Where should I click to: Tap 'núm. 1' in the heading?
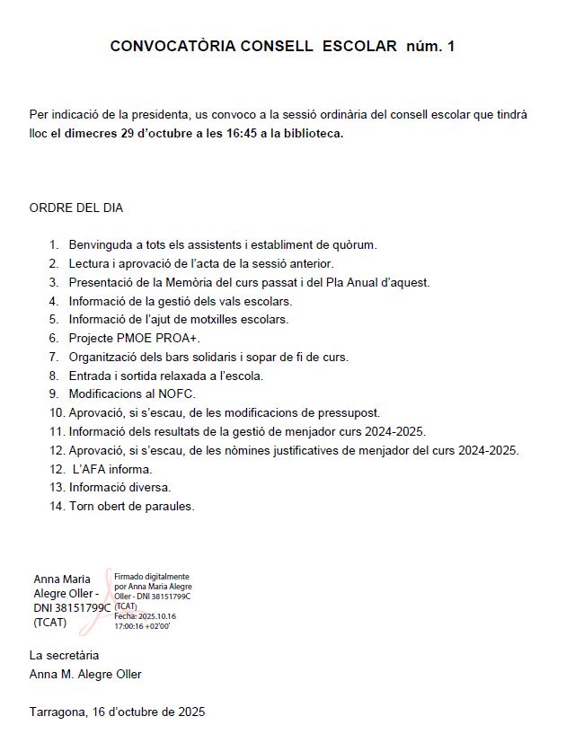pyautogui.click(x=431, y=46)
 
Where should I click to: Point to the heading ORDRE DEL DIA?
pyautogui.click(x=76, y=208)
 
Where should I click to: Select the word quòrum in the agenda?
pyautogui.click(x=354, y=244)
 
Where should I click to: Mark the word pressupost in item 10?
pyautogui.click(x=347, y=413)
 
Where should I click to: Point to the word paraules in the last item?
pyautogui.click(x=169, y=507)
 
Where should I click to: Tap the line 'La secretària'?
pyautogui.click(x=65, y=656)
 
